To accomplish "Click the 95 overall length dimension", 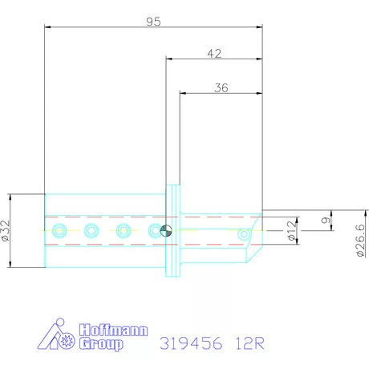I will tap(153, 22).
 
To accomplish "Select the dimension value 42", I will tap(214, 53).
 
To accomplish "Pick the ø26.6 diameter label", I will tap(360, 241).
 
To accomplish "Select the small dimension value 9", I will tap(323, 220).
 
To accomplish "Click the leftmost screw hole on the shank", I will tap(58, 231).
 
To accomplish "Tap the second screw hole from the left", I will tap(91, 231).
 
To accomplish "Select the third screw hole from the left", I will tap(123, 231).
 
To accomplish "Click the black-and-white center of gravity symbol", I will tap(164, 231).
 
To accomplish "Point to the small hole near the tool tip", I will tap(244, 235).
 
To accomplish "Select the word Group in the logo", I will tap(103, 345).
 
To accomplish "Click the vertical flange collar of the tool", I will tap(171, 231).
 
